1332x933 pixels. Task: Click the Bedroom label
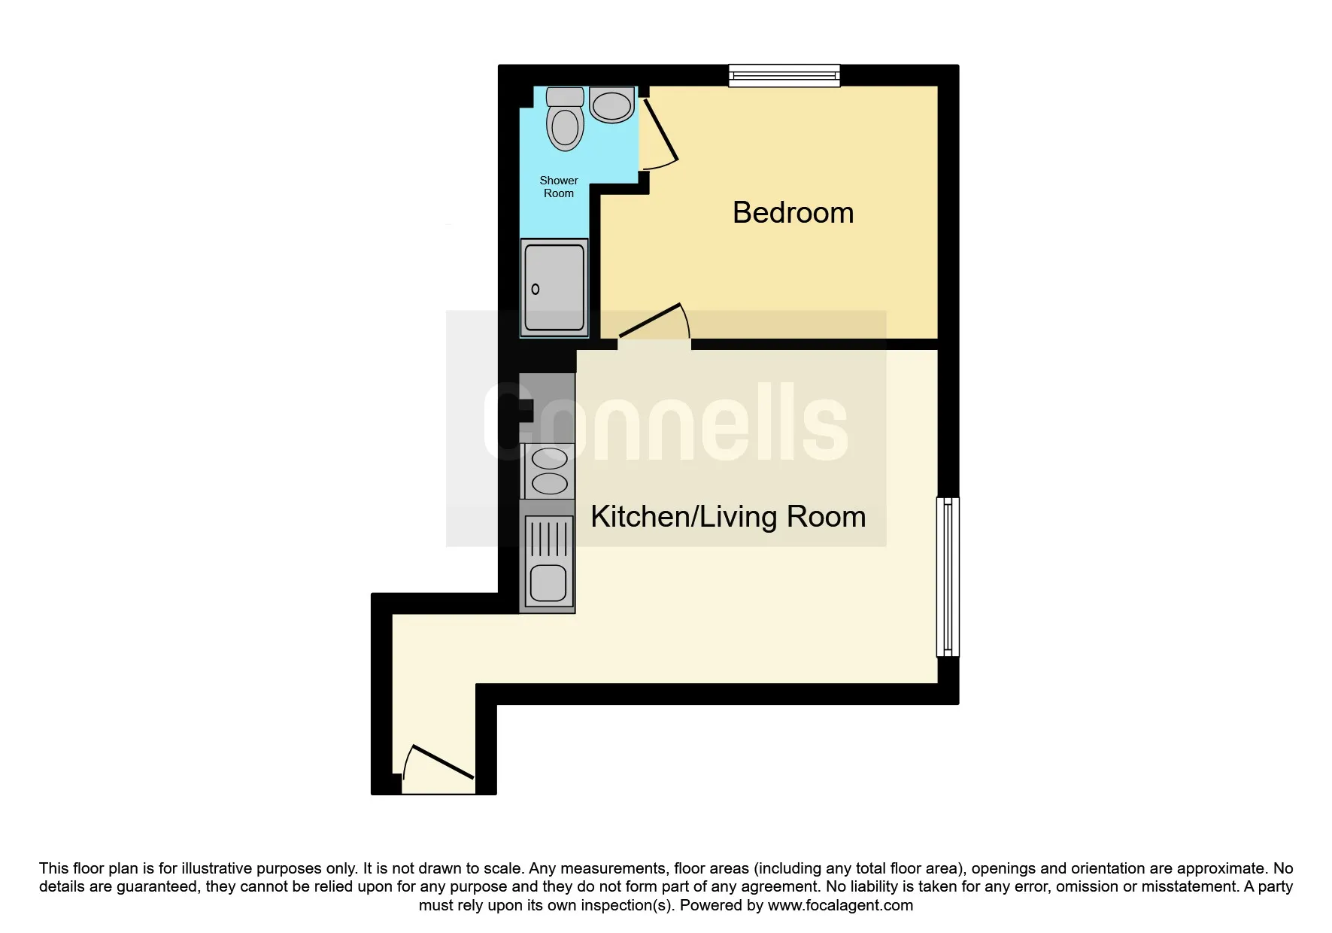[793, 213]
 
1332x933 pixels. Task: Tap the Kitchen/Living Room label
[728, 517]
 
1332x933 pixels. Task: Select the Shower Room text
[559, 187]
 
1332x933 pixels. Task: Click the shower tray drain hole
[536, 289]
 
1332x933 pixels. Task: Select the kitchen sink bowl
[548, 584]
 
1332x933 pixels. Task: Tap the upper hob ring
[550, 457]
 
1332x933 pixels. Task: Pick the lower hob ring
[550, 483]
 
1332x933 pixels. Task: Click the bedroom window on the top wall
[784, 75]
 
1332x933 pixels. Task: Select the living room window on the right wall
[948, 576]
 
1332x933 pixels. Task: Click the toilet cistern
[565, 96]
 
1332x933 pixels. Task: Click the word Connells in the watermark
[666, 422]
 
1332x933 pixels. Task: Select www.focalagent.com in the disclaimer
[840, 905]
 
